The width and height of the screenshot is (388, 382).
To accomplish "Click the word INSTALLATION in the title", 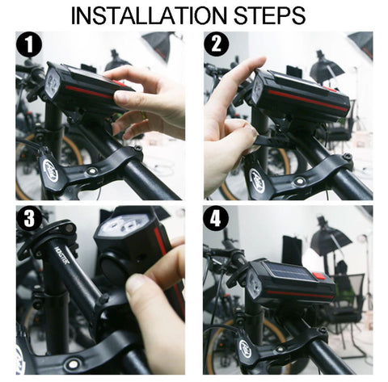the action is coord(149,15).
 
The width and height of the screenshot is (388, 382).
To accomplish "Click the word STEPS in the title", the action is coord(269,15).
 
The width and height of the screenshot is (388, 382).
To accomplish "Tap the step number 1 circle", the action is coord(29,44).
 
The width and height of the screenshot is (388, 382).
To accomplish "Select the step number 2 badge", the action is coord(217,44).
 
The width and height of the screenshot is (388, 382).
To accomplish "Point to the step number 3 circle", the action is coord(29,218).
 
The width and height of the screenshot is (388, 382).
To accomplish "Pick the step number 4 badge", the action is coord(216,218).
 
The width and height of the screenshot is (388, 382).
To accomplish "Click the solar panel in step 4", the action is coord(289,271).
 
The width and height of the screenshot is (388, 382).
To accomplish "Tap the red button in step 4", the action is coord(319,276).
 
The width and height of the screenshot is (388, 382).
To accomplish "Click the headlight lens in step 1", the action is coord(53,81).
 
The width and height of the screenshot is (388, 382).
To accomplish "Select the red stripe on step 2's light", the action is coord(307,100).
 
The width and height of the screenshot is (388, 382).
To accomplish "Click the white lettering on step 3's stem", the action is coord(63,255).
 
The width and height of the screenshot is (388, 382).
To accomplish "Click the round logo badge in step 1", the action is coord(50,170).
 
